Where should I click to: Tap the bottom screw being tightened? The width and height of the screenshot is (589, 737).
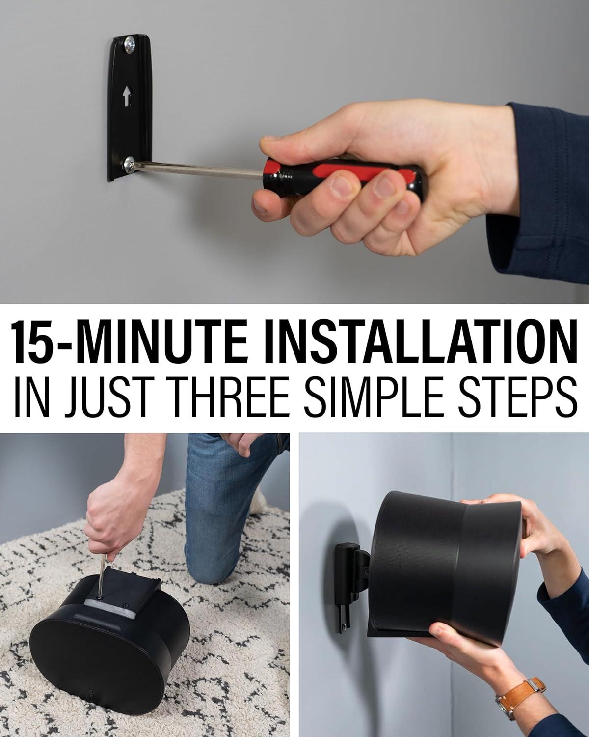(130, 165)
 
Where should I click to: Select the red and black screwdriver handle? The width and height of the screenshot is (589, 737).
(344, 177)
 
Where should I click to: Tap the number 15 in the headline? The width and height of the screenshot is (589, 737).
(30, 341)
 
